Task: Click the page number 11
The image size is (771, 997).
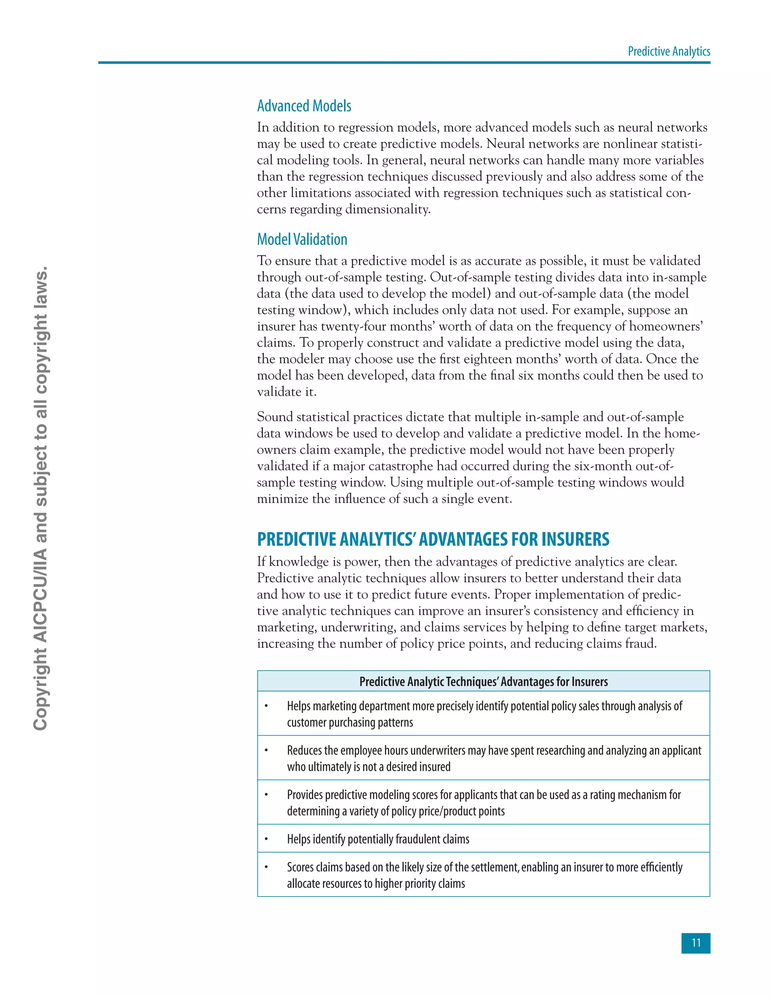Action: click(x=696, y=943)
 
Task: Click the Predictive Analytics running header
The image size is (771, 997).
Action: click(x=669, y=51)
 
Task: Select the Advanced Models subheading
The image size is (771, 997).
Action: click(x=304, y=106)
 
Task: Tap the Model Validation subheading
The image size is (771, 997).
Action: click(x=302, y=239)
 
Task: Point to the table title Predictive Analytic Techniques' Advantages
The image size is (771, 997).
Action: click(x=483, y=682)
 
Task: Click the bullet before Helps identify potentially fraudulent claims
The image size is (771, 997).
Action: click(x=266, y=839)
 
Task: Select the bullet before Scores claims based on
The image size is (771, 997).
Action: click(x=266, y=867)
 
